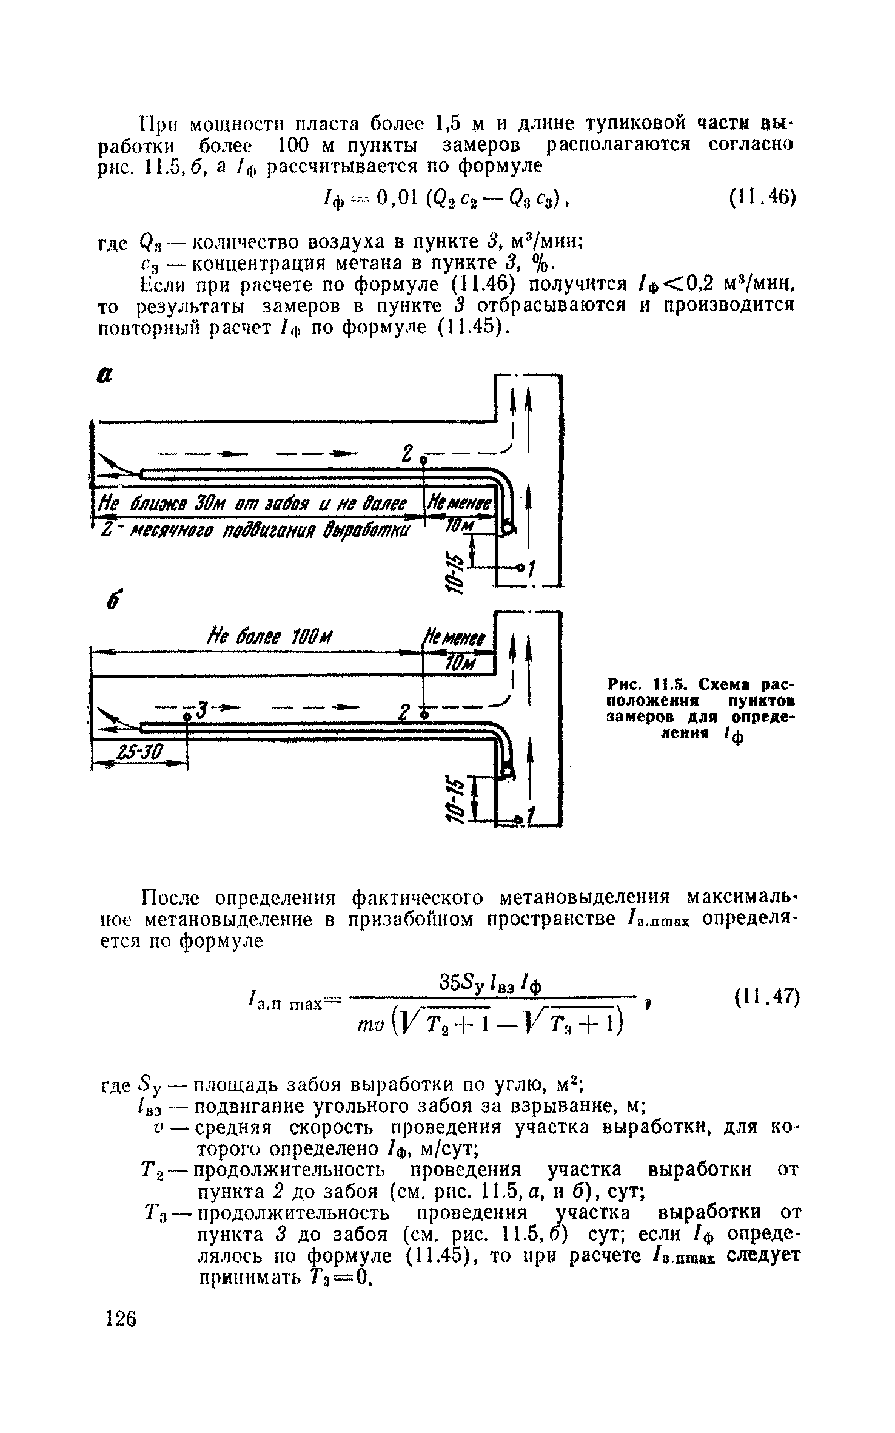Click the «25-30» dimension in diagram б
(x=140, y=753)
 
